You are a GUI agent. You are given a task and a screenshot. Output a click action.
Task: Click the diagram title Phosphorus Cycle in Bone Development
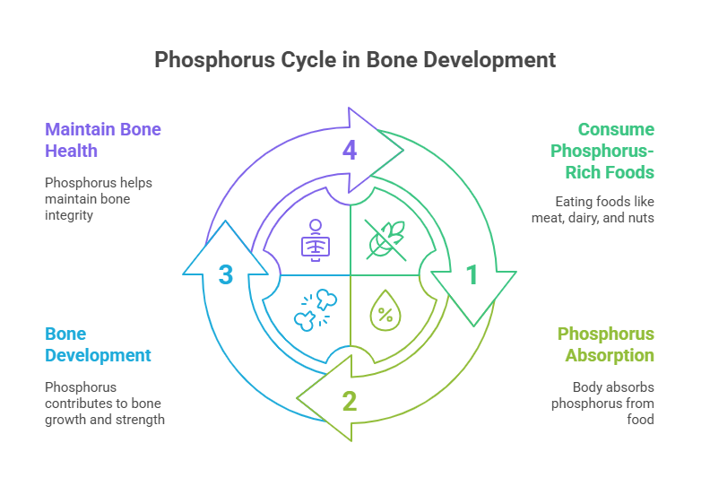pos(355,60)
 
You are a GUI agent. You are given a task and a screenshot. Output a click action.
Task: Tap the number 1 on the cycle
pos(472,275)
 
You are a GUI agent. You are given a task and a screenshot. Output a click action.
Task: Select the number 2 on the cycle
pos(350,400)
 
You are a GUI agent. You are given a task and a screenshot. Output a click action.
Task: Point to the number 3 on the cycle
pos(226,275)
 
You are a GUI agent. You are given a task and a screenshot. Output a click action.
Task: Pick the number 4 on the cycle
pos(350,150)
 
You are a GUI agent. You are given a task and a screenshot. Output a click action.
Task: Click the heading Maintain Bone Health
pos(103,140)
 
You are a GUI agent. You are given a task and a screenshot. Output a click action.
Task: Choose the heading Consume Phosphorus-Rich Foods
pos(602,150)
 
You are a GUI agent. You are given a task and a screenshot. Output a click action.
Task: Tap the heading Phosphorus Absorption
pos(606,344)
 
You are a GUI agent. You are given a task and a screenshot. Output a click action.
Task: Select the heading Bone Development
pos(98,344)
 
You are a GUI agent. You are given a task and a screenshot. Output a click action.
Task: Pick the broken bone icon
pos(314,309)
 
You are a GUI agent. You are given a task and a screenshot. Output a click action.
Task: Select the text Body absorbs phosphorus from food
pos(603,404)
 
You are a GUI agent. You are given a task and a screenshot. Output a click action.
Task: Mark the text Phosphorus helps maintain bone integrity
pos(99,199)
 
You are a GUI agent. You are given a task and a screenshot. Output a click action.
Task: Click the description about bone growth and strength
pos(105,404)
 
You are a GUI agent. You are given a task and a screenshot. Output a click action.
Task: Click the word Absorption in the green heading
pos(610,355)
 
